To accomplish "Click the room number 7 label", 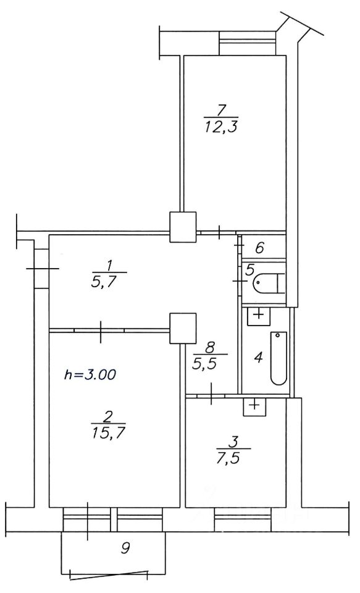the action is [221, 110].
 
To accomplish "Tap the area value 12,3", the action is [220, 127].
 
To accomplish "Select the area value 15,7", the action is [108, 432].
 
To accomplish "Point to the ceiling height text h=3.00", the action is [90, 375].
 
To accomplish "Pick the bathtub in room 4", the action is [279, 358].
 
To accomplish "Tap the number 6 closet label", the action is [259, 248].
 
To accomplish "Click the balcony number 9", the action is [126, 548].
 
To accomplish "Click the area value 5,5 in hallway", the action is [210, 363].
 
